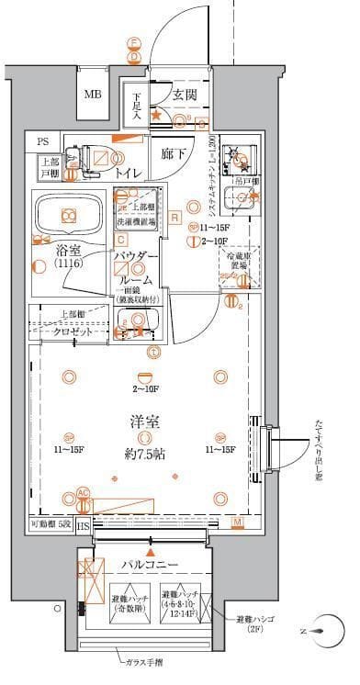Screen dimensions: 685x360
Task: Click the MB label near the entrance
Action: (93, 95)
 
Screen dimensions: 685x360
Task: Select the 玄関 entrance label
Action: (182, 95)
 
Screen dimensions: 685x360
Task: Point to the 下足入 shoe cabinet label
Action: (136, 105)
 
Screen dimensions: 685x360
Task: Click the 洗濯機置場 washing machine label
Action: (136, 221)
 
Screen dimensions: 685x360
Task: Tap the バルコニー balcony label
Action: (147, 564)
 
